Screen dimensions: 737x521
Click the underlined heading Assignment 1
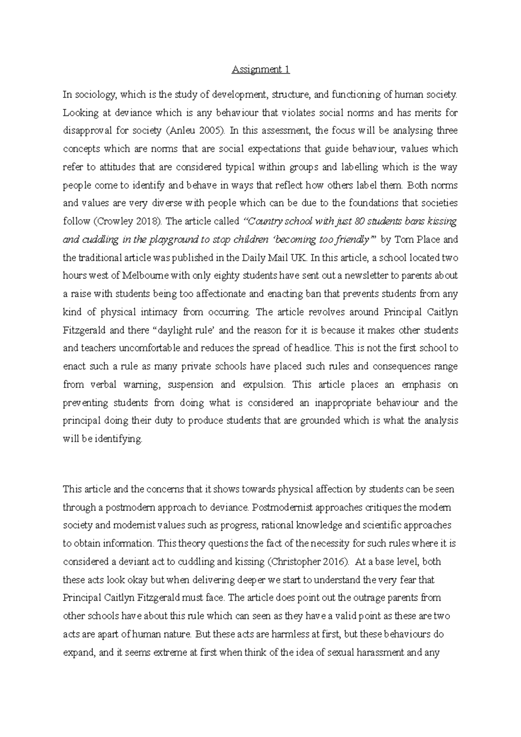point(260,69)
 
